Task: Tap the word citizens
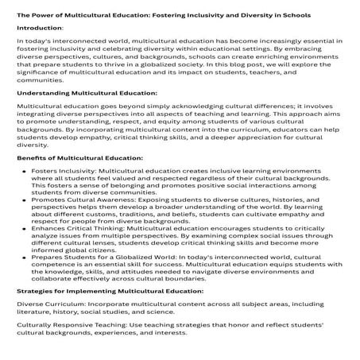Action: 110,279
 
